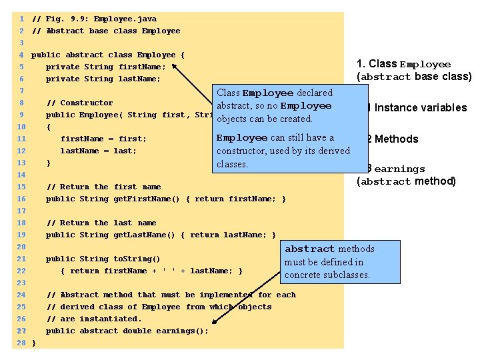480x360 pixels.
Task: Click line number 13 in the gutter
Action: pos(21,163)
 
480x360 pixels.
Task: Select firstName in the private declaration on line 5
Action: pos(139,67)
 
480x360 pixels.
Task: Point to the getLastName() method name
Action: pos(139,235)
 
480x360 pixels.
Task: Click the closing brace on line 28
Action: pos(34,343)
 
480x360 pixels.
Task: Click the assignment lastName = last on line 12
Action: pos(98,151)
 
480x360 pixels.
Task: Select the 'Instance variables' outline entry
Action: pos(421,108)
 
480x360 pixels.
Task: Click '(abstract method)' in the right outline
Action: pos(406,181)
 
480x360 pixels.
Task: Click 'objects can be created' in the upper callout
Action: pos(265,119)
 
